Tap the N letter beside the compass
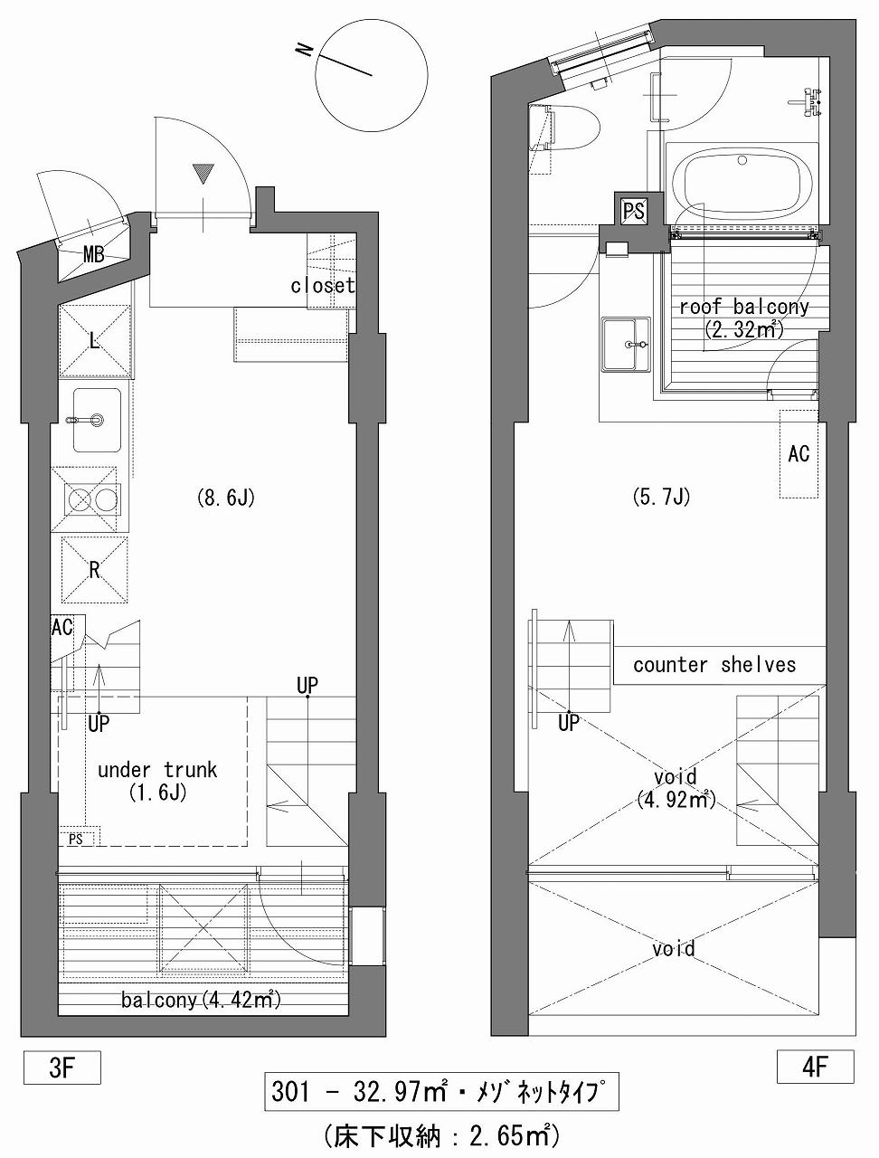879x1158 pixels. [x=304, y=50]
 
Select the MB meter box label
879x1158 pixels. [x=94, y=255]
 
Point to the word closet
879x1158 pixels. [x=323, y=285]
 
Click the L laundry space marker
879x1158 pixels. [x=95, y=342]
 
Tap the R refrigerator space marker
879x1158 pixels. [x=95, y=570]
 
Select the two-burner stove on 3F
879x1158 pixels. [x=91, y=499]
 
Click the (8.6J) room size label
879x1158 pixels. [x=226, y=498]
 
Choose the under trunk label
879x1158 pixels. [x=157, y=770]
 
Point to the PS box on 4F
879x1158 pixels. [x=634, y=212]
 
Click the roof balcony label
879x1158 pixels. [x=744, y=307]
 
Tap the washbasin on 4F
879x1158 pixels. [x=627, y=344]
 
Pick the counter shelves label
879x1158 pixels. [x=714, y=665]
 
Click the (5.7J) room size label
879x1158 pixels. [x=661, y=497]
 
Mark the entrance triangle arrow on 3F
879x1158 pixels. [x=203, y=174]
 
